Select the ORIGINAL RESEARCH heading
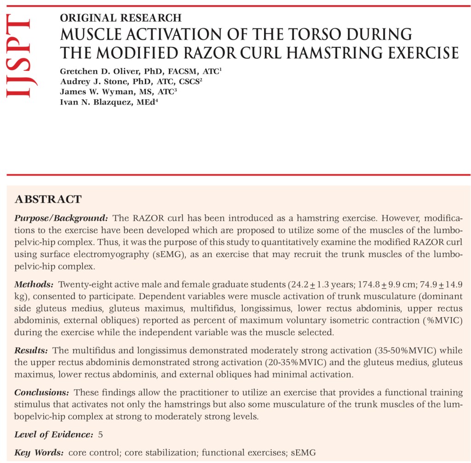tap(121, 18)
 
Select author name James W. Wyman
tap(92, 91)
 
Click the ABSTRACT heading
tap(48, 200)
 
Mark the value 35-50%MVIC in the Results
tap(391, 351)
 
